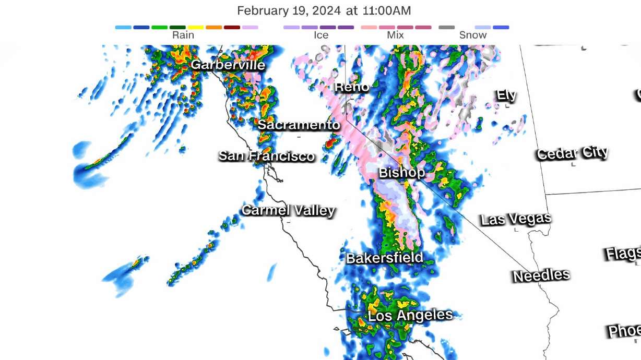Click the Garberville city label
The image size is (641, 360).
pyautogui.click(x=228, y=65)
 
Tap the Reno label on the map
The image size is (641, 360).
pyautogui.click(x=352, y=87)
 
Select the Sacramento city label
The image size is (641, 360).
pyautogui.click(x=299, y=125)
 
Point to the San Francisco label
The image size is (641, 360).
pyautogui.click(x=267, y=155)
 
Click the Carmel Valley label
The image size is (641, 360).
pyautogui.click(x=288, y=210)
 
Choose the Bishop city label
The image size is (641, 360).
pyautogui.click(x=401, y=172)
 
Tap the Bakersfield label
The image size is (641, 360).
pyautogui.click(x=384, y=258)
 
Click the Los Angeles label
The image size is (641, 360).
pyautogui.click(x=410, y=315)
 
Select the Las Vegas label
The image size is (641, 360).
pyautogui.click(x=516, y=219)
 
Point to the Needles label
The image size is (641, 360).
pyautogui.click(x=541, y=275)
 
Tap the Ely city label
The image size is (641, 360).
pyautogui.click(x=506, y=95)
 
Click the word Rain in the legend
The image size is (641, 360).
pyautogui.click(x=183, y=35)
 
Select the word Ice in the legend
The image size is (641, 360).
pyautogui.click(x=321, y=35)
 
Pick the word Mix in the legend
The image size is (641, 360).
pyautogui.click(x=396, y=35)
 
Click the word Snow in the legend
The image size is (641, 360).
pyautogui.click(x=473, y=35)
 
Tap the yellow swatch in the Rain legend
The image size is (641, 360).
pyautogui.click(x=196, y=27)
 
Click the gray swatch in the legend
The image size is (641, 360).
pyautogui.click(x=446, y=27)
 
